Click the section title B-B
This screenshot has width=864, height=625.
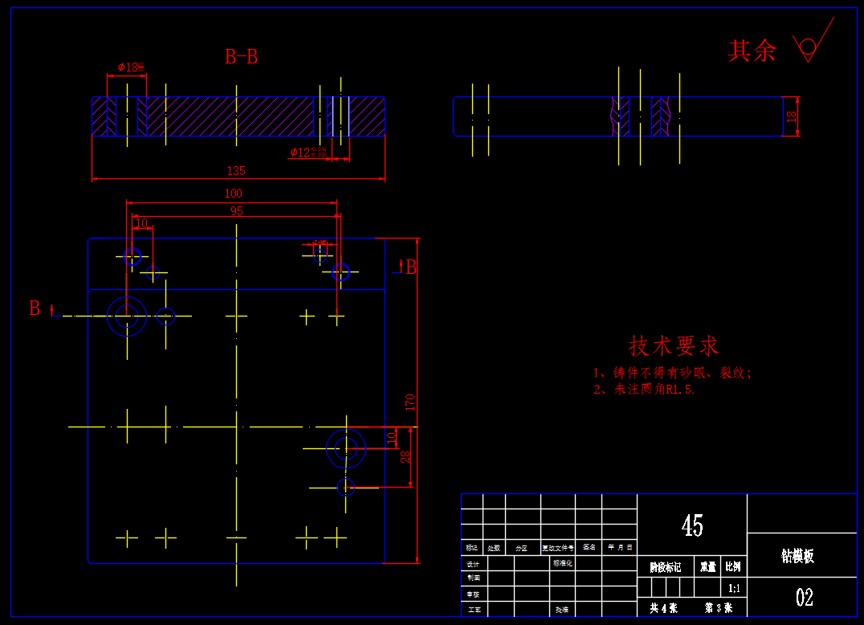pos(241,57)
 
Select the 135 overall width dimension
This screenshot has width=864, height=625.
pos(236,170)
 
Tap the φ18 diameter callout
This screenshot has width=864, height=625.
pos(130,67)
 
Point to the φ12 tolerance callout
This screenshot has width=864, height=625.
pos(308,152)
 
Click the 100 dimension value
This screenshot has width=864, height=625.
pos(233,194)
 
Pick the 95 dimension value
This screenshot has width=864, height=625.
pos(236,211)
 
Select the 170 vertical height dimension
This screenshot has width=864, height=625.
pos(410,402)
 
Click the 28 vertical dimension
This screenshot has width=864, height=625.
pos(406,456)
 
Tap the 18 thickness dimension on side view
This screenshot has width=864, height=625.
pos(792,116)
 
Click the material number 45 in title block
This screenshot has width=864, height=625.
pos(691,526)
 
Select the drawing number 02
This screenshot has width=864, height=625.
pos(804,597)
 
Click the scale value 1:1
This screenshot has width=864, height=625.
pos(734,589)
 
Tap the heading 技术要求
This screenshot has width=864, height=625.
pos(674,346)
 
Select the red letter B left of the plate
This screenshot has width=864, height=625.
pos(35,308)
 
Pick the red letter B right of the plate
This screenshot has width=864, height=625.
pos(411,268)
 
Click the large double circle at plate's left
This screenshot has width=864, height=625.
pos(127,316)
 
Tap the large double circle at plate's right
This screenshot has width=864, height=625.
pos(346,447)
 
